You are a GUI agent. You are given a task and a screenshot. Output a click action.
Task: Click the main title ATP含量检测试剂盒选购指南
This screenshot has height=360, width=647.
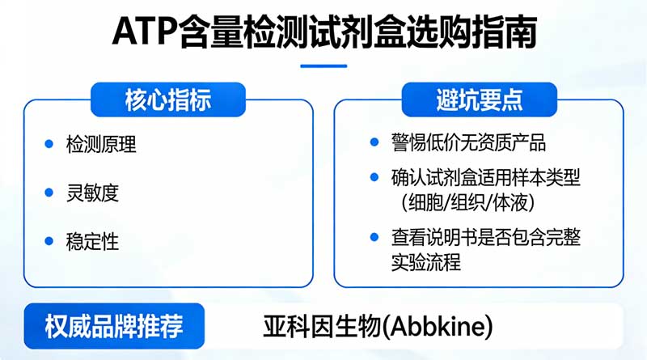coord(323,34)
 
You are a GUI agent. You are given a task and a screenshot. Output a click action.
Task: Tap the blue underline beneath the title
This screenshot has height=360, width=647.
coord(323,66)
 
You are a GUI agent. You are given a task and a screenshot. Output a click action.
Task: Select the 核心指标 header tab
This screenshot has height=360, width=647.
coord(167,100)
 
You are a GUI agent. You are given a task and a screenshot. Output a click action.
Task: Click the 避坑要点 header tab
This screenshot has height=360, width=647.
coord(479,100)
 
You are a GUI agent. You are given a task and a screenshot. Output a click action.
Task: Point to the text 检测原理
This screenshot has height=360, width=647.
coord(101,146)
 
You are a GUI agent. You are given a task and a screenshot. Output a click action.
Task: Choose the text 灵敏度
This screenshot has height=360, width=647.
coord(92,193)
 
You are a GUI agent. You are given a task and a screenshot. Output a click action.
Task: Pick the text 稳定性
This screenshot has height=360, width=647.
coord(92,241)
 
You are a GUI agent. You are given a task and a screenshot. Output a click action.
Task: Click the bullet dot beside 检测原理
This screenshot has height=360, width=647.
coord(49,146)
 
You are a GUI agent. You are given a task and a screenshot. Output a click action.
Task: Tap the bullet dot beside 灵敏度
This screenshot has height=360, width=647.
coord(49,193)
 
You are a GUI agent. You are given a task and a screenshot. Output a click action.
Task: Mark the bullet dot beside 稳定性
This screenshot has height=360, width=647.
coord(49,241)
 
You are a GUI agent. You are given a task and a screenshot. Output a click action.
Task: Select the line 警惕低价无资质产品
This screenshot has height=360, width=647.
coord(468,144)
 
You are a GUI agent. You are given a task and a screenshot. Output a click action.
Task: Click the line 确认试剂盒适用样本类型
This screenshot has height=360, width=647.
coord(486,176)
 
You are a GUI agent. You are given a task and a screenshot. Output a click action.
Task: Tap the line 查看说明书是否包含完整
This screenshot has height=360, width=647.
coord(486,237)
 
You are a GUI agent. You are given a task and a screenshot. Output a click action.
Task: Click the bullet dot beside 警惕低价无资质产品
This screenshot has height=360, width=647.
coord(374,143)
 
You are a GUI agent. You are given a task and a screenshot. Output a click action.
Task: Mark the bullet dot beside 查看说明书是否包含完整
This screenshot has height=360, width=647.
coord(374,237)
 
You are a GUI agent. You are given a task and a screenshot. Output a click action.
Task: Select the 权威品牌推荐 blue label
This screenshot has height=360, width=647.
coord(114,327)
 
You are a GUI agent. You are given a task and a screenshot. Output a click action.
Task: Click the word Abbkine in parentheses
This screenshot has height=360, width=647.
coord(441,328)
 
